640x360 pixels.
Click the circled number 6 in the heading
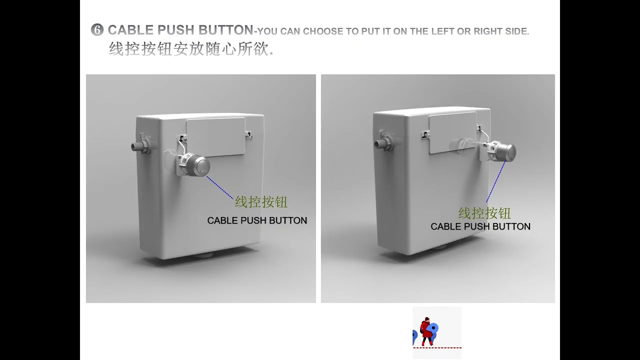click(x=97, y=30)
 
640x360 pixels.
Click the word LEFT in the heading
click(x=442, y=31)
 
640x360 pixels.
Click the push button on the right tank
click(x=506, y=152)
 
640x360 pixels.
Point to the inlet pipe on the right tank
click(x=381, y=144)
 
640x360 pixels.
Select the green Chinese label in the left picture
click(x=261, y=202)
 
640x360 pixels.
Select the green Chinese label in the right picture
click(x=484, y=213)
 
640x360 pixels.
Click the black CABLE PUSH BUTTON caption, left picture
click(x=257, y=220)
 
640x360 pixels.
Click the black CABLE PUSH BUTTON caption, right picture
click(x=480, y=226)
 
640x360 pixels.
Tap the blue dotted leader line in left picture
click(x=220, y=187)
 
